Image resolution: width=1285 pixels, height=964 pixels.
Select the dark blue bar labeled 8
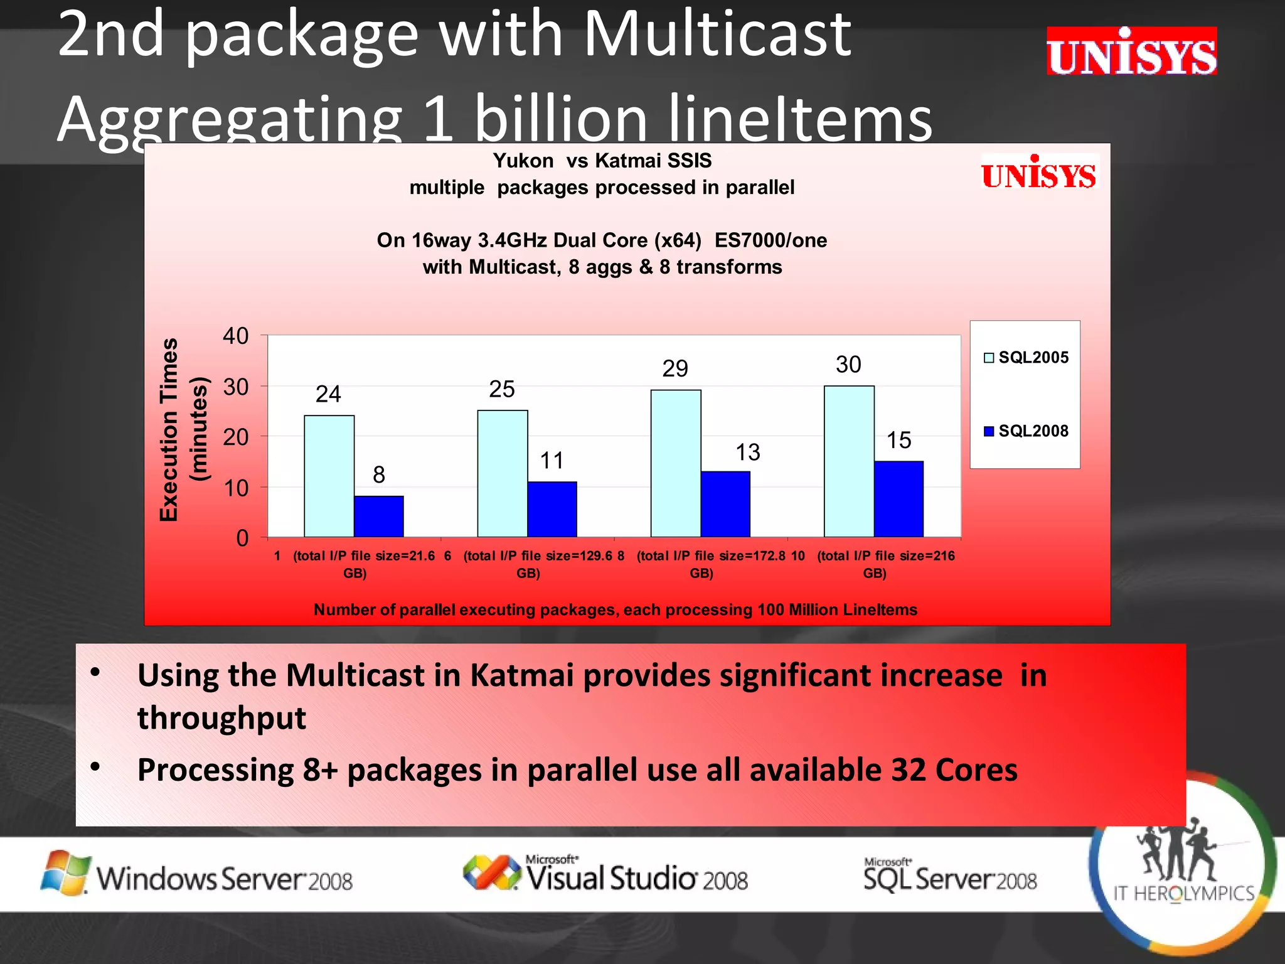(378, 516)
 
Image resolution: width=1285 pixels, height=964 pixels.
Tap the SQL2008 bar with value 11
(552, 509)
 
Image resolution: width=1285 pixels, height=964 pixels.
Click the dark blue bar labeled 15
(898, 499)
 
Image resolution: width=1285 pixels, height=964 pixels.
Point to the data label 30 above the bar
(848, 365)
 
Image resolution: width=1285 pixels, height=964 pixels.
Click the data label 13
(747, 453)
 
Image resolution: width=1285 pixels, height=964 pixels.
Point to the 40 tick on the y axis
(236, 336)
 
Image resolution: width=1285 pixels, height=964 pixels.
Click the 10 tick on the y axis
(236, 488)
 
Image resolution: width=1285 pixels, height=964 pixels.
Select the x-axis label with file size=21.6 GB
(355, 564)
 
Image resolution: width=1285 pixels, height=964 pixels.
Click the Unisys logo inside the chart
(1039, 173)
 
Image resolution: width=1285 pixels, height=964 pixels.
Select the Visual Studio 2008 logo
(605, 874)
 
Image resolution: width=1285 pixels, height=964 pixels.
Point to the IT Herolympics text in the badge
(1183, 893)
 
